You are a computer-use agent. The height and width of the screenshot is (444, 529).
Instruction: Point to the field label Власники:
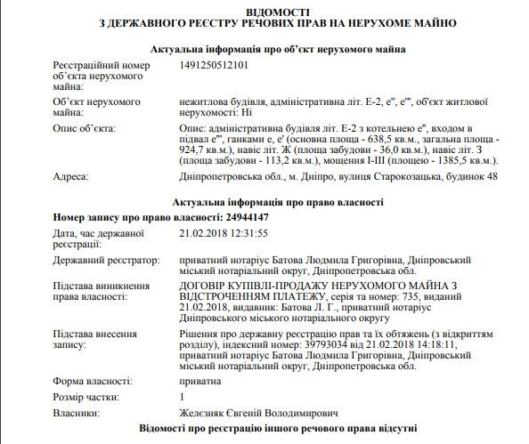tap(77, 413)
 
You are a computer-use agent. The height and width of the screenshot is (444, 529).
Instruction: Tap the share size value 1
tap(182, 397)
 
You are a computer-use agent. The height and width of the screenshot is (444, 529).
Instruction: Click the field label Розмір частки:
tap(88, 397)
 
